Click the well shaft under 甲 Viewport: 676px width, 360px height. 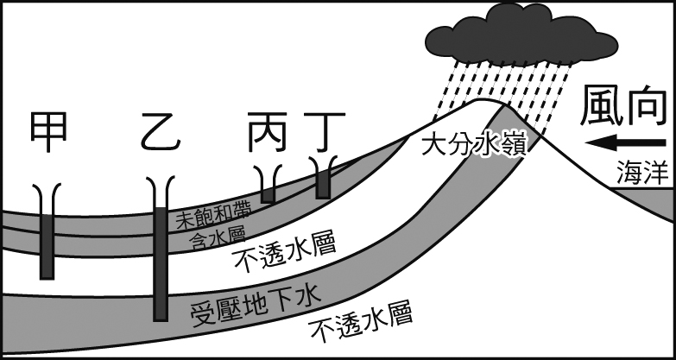coord(47,237)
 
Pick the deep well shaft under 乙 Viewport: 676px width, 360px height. coord(161,259)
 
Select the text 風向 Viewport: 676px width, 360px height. coord(619,105)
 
